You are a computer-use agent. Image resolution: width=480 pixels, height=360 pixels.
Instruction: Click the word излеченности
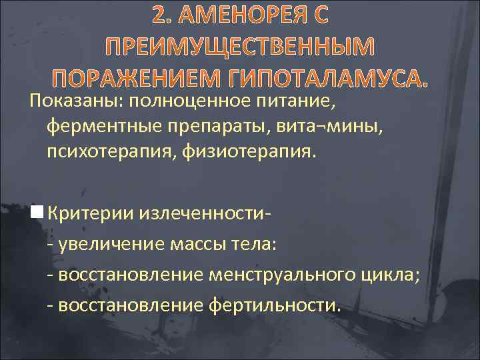(x=199, y=213)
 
